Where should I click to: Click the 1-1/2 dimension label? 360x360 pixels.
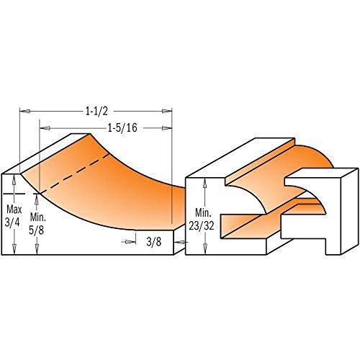[96, 111]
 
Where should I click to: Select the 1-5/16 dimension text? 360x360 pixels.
[122, 128]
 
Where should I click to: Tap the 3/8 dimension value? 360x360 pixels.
[154, 242]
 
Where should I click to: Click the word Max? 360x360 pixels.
[14, 210]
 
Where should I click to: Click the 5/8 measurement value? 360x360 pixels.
[37, 230]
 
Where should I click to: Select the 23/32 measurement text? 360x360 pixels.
[202, 226]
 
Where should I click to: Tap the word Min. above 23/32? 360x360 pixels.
[204, 212]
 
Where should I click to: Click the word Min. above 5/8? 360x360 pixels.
[38, 217]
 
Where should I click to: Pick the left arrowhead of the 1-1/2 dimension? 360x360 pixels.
[24, 111]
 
